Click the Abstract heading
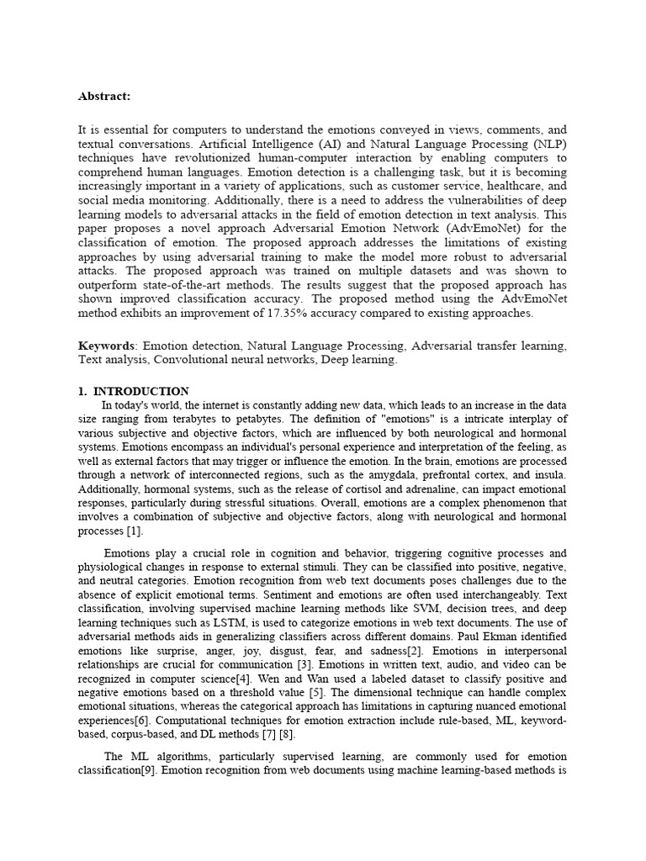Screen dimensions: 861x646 [104, 96]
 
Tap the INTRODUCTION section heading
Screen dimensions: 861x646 [140, 391]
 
